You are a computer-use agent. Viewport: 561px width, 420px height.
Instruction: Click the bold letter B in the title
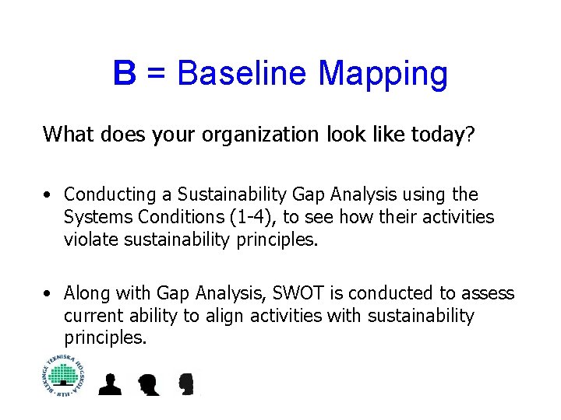(x=125, y=73)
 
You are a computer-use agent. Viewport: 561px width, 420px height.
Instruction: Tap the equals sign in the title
(x=157, y=75)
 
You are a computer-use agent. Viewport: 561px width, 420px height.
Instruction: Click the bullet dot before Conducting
(x=48, y=194)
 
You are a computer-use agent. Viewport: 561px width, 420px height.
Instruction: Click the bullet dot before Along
(x=48, y=294)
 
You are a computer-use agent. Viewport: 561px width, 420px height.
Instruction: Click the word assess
(x=488, y=293)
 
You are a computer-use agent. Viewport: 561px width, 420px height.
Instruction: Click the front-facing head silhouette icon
(x=110, y=384)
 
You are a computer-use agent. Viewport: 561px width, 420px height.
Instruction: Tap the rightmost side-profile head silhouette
(x=185, y=384)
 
